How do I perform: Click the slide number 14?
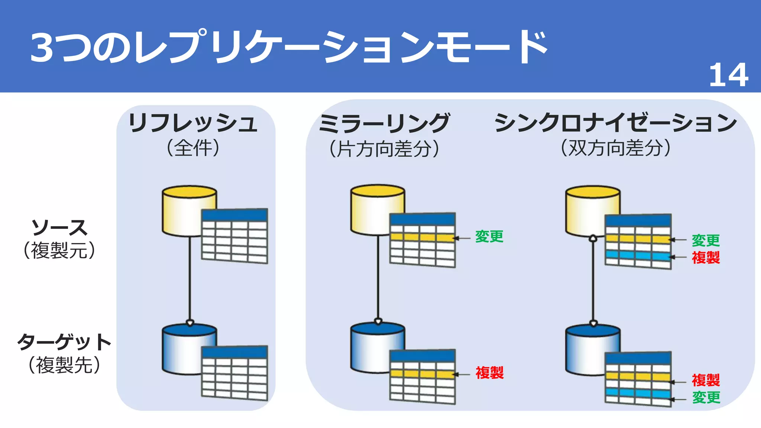coord(728,75)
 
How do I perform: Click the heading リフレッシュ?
coord(193,123)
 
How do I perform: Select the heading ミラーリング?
coord(384,123)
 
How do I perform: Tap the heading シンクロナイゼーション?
coord(615,123)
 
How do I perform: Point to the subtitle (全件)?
coord(193,148)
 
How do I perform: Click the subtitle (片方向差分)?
coord(384,149)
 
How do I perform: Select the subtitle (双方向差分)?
coord(615,148)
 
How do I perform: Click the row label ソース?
coord(59,228)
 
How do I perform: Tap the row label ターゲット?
coord(64,342)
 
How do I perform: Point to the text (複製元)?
coord(59,250)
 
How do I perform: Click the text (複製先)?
coord(64,365)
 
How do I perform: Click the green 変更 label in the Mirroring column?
coord(489,237)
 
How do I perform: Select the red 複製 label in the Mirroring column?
coord(489,373)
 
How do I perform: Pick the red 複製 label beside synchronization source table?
coord(705,257)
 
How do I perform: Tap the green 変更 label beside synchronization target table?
coord(706,398)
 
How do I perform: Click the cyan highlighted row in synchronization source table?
coord(638,255)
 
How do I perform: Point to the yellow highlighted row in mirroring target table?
coord(422,373)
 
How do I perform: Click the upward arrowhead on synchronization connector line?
coord(593,238)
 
